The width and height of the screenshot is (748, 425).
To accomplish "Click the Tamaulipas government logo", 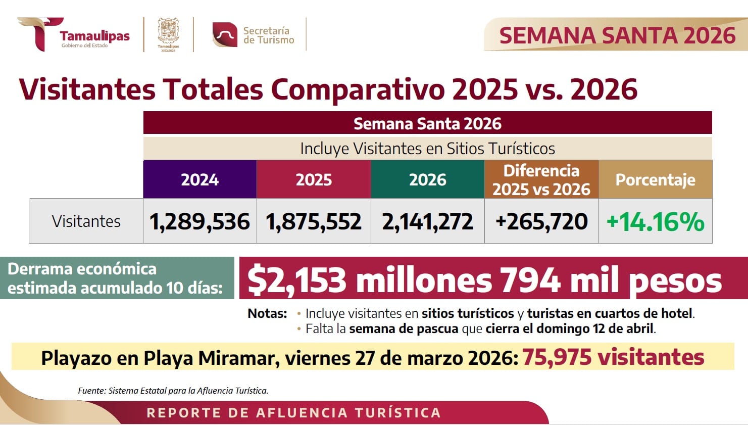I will click(x=73, y=34).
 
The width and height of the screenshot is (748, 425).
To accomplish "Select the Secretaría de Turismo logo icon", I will click(x=225, y=35).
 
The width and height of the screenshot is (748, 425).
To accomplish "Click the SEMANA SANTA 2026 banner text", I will click(x=617, y=35).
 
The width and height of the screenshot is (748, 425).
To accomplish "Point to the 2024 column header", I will click(x=200, y=179).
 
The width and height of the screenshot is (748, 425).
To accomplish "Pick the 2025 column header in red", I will click(x=314, y=179).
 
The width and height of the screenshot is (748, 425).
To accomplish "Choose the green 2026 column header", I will click(x=427, y=179).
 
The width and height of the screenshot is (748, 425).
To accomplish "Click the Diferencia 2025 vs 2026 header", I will click(x=541, y=179).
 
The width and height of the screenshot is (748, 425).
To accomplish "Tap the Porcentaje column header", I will click(x=655, y=179).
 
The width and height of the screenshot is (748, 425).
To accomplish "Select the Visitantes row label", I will click(x=86, y=221).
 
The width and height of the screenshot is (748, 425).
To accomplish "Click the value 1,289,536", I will click(x=200, y=221).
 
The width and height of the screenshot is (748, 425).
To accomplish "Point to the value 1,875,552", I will click(x=314, y=221).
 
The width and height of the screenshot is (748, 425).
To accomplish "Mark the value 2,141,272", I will click(x=427, y=221).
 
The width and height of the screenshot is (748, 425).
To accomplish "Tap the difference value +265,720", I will click(x=541, y=221).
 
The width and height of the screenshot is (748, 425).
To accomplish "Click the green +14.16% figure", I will click(x=655, y=221).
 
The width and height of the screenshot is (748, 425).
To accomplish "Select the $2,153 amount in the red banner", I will click(x=297, y=280).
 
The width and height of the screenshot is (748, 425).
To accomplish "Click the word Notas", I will click(x=267, y=313).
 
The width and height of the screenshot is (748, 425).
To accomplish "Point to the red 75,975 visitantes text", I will click(x=613, y=357).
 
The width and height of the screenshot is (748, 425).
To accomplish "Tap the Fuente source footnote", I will click(x=173, y=391).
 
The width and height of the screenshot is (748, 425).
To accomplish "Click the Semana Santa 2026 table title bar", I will click(x=427, y=123).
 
